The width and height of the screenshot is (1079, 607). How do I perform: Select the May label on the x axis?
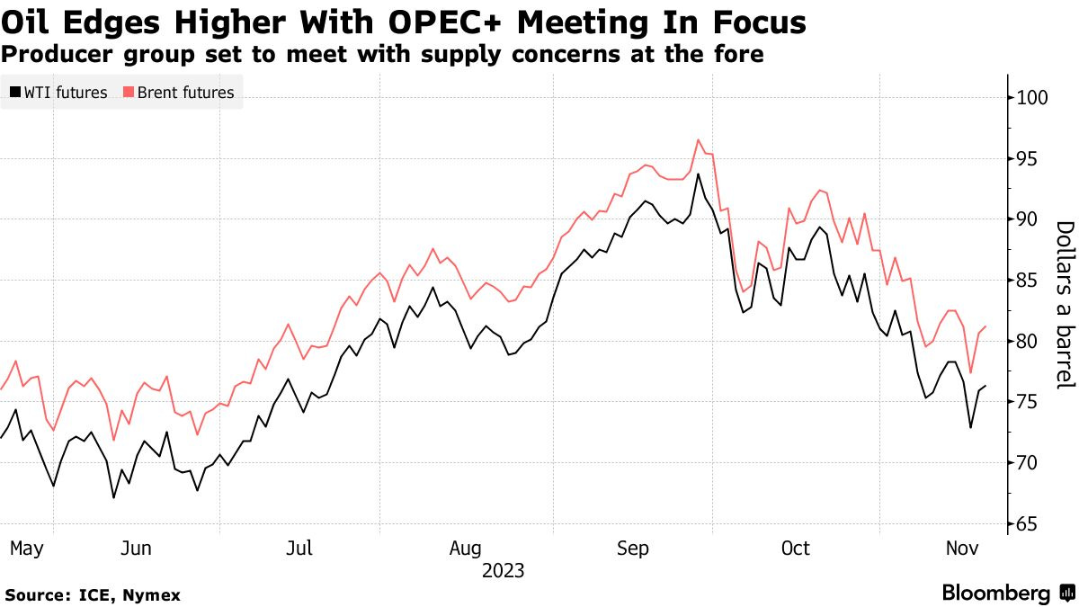[x=26, y=548]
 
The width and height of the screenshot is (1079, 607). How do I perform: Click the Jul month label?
[x=299, y=548]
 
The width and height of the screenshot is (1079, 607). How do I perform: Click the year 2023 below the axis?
[x=503, y=570]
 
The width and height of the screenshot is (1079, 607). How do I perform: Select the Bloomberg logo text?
[x=996, y=594]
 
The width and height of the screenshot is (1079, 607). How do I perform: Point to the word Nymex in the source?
[x=153, y=595]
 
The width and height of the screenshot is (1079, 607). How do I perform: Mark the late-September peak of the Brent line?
[x=698, y=139]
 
